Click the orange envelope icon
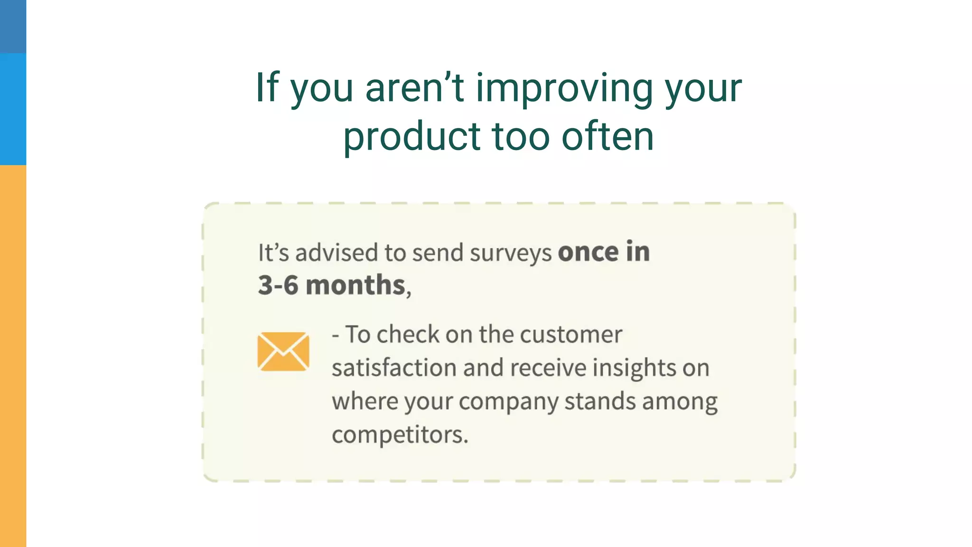pos(283,351)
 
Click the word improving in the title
pos(564,89)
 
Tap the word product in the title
pos(411,137)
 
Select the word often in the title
pos(607,137)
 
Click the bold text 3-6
pos(278,285)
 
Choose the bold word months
pos(355,285)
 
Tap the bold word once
pos(588,252)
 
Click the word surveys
pos(511,253)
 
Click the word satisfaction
pos(394,368)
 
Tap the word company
pos(508,402)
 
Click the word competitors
pos(400,435)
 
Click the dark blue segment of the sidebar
pos(13,26)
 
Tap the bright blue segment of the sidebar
pos(13,109)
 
